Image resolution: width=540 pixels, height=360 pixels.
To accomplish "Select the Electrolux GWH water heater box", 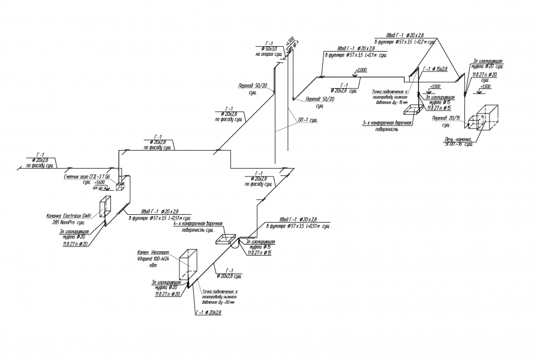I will [x=105, y=208].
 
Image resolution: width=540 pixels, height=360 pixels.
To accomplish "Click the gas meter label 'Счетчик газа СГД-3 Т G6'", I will [x=87, y=178].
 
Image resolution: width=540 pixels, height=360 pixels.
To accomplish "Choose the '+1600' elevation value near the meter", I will [x=99, y=183].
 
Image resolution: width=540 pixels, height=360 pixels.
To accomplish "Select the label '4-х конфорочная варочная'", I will [x=198, y=224].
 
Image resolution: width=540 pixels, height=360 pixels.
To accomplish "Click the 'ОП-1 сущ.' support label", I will [x=308, y=120].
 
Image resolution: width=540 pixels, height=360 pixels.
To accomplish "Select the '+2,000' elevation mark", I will [x=361, y=70].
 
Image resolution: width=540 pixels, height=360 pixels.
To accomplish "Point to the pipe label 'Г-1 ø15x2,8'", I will [x=434, y=69].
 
